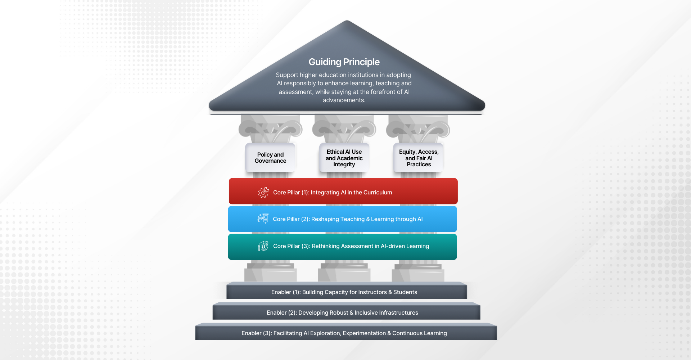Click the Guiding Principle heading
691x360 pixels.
344,62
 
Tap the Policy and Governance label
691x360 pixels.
270,158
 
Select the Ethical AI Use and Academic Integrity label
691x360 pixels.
344,158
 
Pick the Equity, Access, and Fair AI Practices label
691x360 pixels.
419,158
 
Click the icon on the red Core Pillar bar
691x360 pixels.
263,192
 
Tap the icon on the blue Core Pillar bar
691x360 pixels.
263,219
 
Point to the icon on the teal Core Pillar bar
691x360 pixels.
263,246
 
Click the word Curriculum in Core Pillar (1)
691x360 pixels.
378,192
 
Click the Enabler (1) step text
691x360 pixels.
344,292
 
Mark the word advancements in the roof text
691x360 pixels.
344,100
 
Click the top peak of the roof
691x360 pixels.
347,21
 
